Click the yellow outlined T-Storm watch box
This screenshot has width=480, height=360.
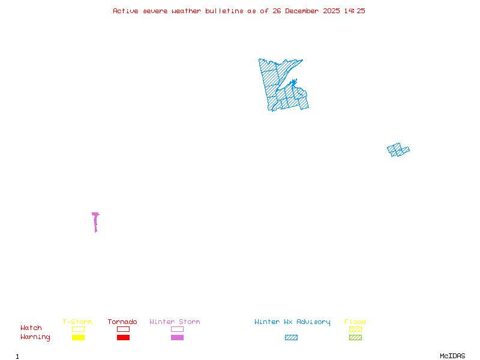click(78, 329)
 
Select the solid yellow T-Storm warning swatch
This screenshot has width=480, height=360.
click(78, 337)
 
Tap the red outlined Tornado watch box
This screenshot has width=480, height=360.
click(123, 329)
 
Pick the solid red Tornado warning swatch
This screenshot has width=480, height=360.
click(123, 337)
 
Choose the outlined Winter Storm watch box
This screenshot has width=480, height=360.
click(177, 329)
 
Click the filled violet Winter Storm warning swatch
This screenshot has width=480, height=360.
click(177, 337)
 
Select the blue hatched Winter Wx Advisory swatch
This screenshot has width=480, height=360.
click(291, 337)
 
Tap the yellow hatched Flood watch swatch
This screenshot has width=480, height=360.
click(355, 329)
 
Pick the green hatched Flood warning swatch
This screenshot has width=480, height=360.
click(355, 337)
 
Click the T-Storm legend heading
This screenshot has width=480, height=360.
click(77, 322)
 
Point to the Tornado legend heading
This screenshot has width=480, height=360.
click(122, 322)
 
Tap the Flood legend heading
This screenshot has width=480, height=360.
click(355, 322)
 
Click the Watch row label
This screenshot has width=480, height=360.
click(31, 328)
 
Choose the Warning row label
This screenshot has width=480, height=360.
click(35, 337)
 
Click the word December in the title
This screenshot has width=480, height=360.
click(303, 11)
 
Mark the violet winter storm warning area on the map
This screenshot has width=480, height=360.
click(95, 221)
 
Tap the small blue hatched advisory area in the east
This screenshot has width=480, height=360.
click(398, 149)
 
